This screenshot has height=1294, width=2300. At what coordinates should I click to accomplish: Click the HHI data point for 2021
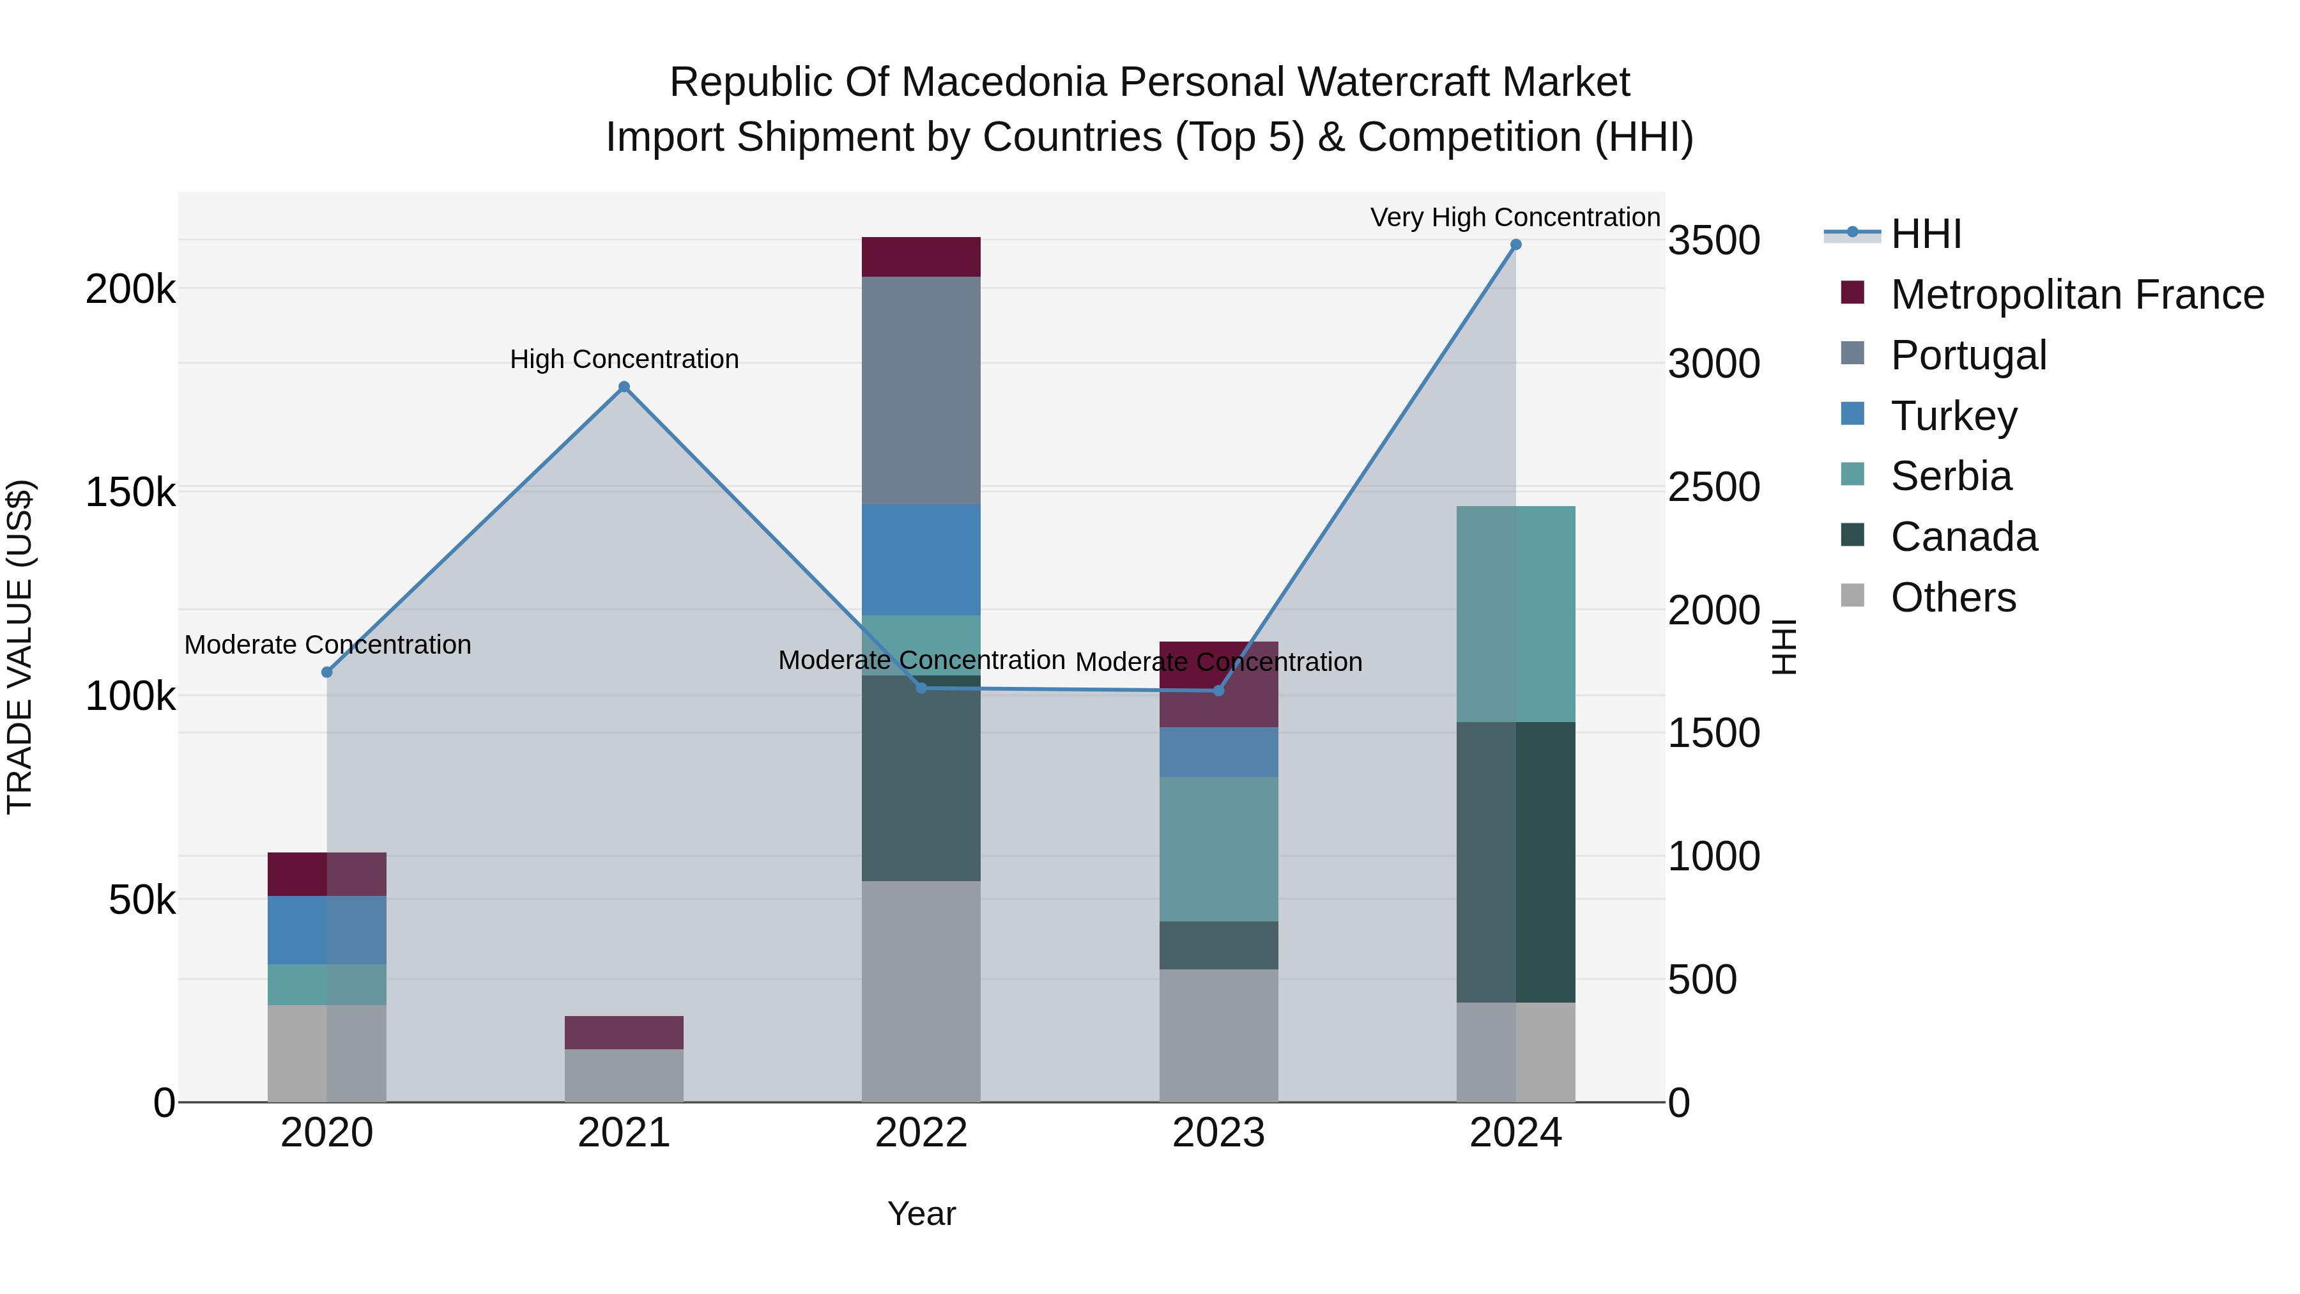tap(624, 387)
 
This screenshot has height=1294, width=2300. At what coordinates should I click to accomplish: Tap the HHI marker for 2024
tap(1515, 245)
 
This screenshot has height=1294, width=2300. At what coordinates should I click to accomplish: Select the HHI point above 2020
tap(326, 672)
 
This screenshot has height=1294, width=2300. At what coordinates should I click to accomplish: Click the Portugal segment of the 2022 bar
tap(921, 390)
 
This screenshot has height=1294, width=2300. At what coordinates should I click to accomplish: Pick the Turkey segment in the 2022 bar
tap(921, 560)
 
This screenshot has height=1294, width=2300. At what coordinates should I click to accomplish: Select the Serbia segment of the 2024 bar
tap(1515, 613)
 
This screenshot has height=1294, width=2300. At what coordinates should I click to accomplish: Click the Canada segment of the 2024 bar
tap(1515, 862)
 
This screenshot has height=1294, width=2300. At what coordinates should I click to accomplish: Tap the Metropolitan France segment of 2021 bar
tap(624, 1033)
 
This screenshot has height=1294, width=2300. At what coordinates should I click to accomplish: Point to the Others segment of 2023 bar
tap(1218, 1035)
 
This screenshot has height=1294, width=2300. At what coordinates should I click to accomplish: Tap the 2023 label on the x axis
tap(1218, 1133)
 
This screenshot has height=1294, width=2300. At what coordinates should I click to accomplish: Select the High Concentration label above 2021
tap(624, 359)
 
